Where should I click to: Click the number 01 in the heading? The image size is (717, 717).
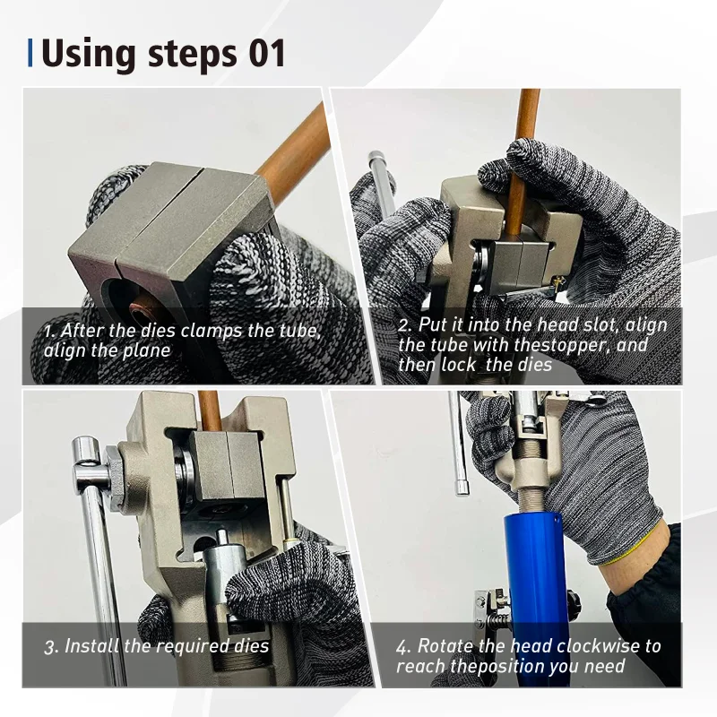267,54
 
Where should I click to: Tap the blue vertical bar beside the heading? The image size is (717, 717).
30,53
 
